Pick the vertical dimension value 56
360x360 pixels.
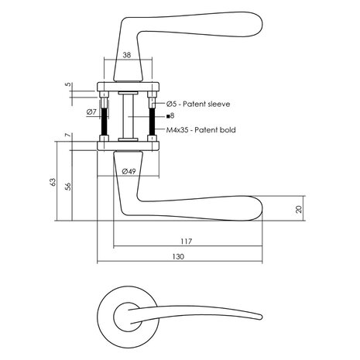coord(67,186)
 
